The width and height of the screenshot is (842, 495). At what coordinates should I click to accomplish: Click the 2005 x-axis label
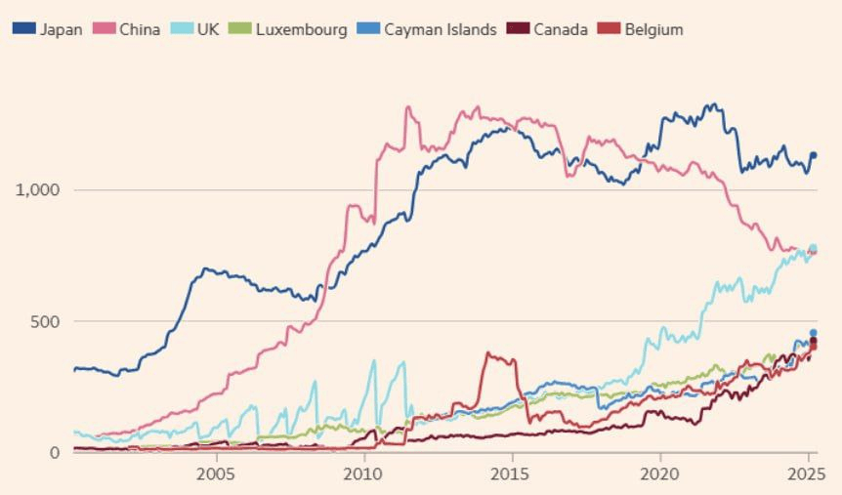(215, 474)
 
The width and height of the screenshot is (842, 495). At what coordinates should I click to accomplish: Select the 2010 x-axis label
(363, 474)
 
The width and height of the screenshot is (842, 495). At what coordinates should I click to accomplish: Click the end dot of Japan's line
(813, 155)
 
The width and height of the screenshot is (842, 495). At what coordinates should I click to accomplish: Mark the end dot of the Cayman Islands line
(813, 333)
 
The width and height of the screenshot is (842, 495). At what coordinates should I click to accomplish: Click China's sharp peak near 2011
(406, 107)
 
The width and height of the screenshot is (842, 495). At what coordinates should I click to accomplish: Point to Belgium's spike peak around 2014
(488, 354)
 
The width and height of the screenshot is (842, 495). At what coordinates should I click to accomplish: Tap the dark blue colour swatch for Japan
(23, 29)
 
